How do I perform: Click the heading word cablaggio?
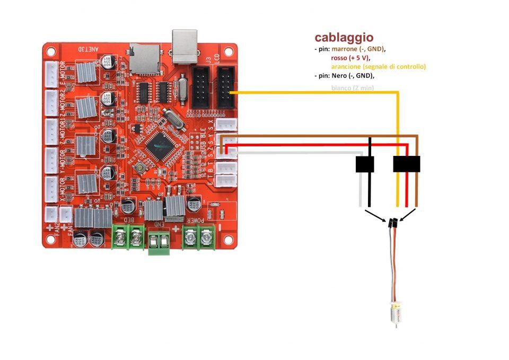(x=344, y=38)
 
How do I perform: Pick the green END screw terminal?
(x=159, y=243)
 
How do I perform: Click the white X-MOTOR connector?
(x=52, y=188)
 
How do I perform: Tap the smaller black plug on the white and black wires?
(x=365, y=164)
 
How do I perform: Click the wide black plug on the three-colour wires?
(x=406, y=164)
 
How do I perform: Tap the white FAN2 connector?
(x=51, y=214)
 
